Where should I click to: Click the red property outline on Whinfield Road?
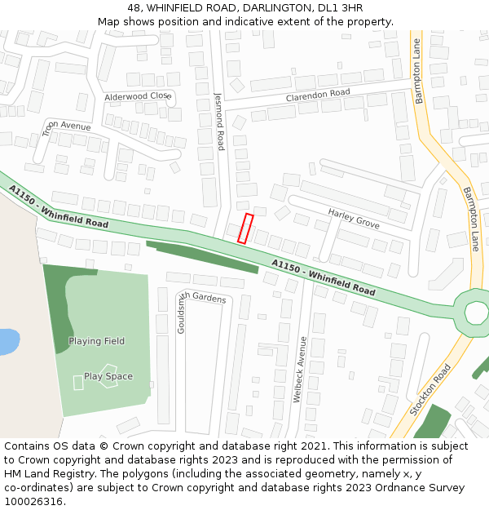(x=245, y=228)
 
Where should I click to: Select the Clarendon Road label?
(x=317, y=95)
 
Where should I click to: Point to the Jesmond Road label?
(x=219, y=120)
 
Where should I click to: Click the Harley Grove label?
(x=354, y=219)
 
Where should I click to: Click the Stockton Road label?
(x=430, y=390)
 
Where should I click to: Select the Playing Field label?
(x=96, y=341)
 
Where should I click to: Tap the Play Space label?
(x=108, y=376)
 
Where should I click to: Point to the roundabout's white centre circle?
(x=476, y=312)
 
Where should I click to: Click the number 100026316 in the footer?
(x=35, y=501)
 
